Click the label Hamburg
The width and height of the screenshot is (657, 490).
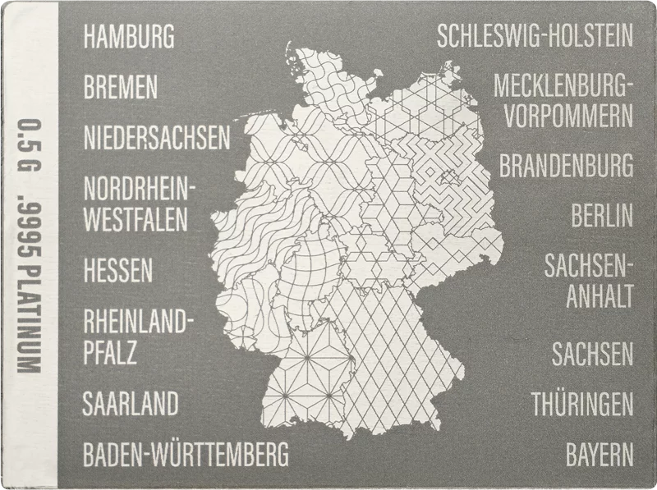point(129,36)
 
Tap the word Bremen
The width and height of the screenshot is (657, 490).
point(120,87)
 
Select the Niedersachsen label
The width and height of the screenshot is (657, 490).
point(157,138)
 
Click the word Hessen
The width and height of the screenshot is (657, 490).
point(118,269)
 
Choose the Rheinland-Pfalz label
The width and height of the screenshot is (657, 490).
point(135,336)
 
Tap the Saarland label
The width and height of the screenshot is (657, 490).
point(131,403)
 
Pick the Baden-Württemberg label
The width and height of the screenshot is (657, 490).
point(186,452)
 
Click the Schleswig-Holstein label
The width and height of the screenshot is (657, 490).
point(535,36)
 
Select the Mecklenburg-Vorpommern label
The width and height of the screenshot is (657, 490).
point(563,99)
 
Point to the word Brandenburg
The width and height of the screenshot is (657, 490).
point(567,165)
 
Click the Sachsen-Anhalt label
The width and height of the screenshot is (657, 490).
point(588,279)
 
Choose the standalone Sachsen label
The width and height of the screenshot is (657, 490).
point(592,355)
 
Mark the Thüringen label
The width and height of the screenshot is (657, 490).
point(581,404)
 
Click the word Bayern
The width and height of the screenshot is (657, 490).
point(600,453)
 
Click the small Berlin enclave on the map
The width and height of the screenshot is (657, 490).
point(448,175)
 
